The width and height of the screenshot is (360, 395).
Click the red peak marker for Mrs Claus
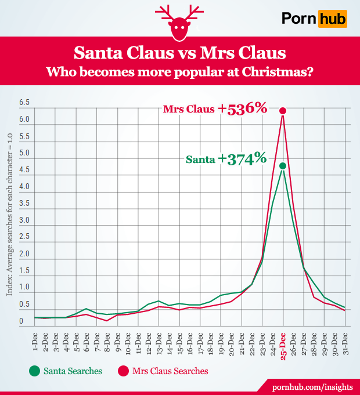click(283, 111)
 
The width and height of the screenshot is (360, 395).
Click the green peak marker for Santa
click(283, 166)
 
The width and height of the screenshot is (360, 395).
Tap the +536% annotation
click(242, 108)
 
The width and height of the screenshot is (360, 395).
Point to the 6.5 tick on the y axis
click(24, 103)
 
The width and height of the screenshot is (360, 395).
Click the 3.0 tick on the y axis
click(24, 220)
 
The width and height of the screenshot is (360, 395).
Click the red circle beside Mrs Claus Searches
click(123, 370)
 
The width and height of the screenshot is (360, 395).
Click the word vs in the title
click(179, 54)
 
